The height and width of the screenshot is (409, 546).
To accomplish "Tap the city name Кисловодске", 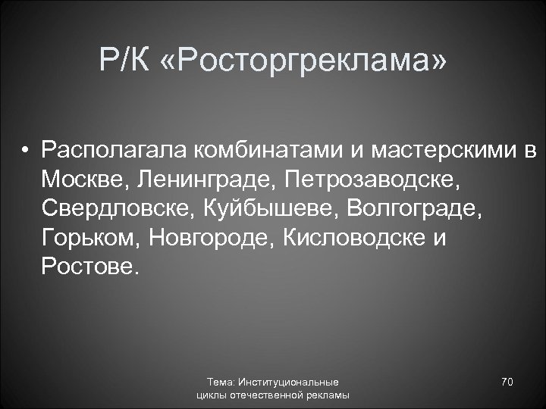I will click(x=349, y=239).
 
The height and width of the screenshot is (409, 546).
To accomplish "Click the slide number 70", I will click(x=507, y=382).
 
